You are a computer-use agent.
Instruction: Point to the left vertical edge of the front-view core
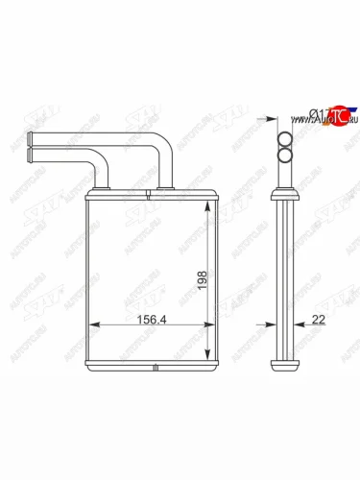click(x=86, y=278)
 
